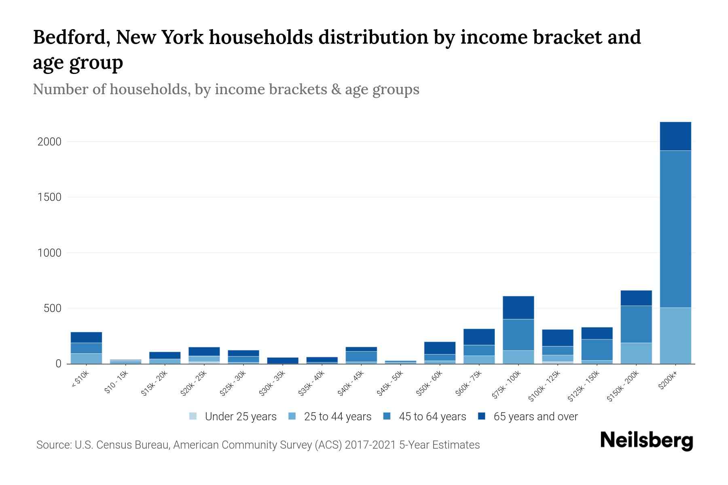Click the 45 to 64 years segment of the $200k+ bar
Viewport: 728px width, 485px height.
[675, 229]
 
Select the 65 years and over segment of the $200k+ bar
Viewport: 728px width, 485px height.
[675, 136]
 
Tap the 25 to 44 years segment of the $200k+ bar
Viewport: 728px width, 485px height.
[675, 335]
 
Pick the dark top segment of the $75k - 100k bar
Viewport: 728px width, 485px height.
[518, 308]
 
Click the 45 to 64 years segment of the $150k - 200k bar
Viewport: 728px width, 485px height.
[636, 324]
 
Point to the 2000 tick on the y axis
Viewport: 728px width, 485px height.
[49, 142]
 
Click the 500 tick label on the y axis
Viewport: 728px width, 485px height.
[53, 308]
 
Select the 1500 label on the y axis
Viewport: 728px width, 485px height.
[49, 197]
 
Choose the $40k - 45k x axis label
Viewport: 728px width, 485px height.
[351, 383]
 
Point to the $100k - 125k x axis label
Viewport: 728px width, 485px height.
[544, 386]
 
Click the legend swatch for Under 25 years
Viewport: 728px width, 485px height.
[193, 416]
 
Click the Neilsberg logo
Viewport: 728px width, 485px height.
[646, 441]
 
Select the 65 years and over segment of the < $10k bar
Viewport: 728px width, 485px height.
[86, 337]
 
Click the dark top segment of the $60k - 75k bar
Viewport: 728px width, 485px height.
[479, 337]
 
